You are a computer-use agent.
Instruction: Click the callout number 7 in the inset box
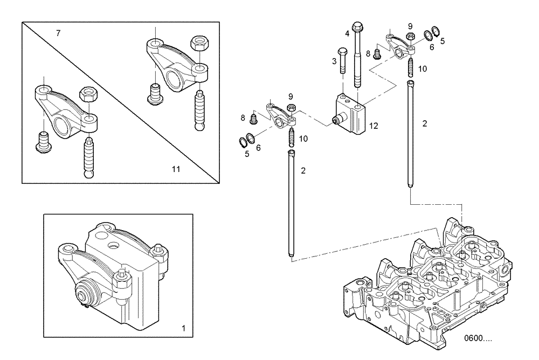click(58, 33)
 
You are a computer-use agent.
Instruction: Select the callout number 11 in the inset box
click(176, 169)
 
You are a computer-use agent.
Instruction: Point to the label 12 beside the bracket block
click(373, 126)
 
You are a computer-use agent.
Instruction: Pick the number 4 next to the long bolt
click(347, 33)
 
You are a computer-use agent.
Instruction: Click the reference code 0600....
click(479, 340)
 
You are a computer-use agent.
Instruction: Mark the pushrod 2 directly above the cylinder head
click(411, 135)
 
